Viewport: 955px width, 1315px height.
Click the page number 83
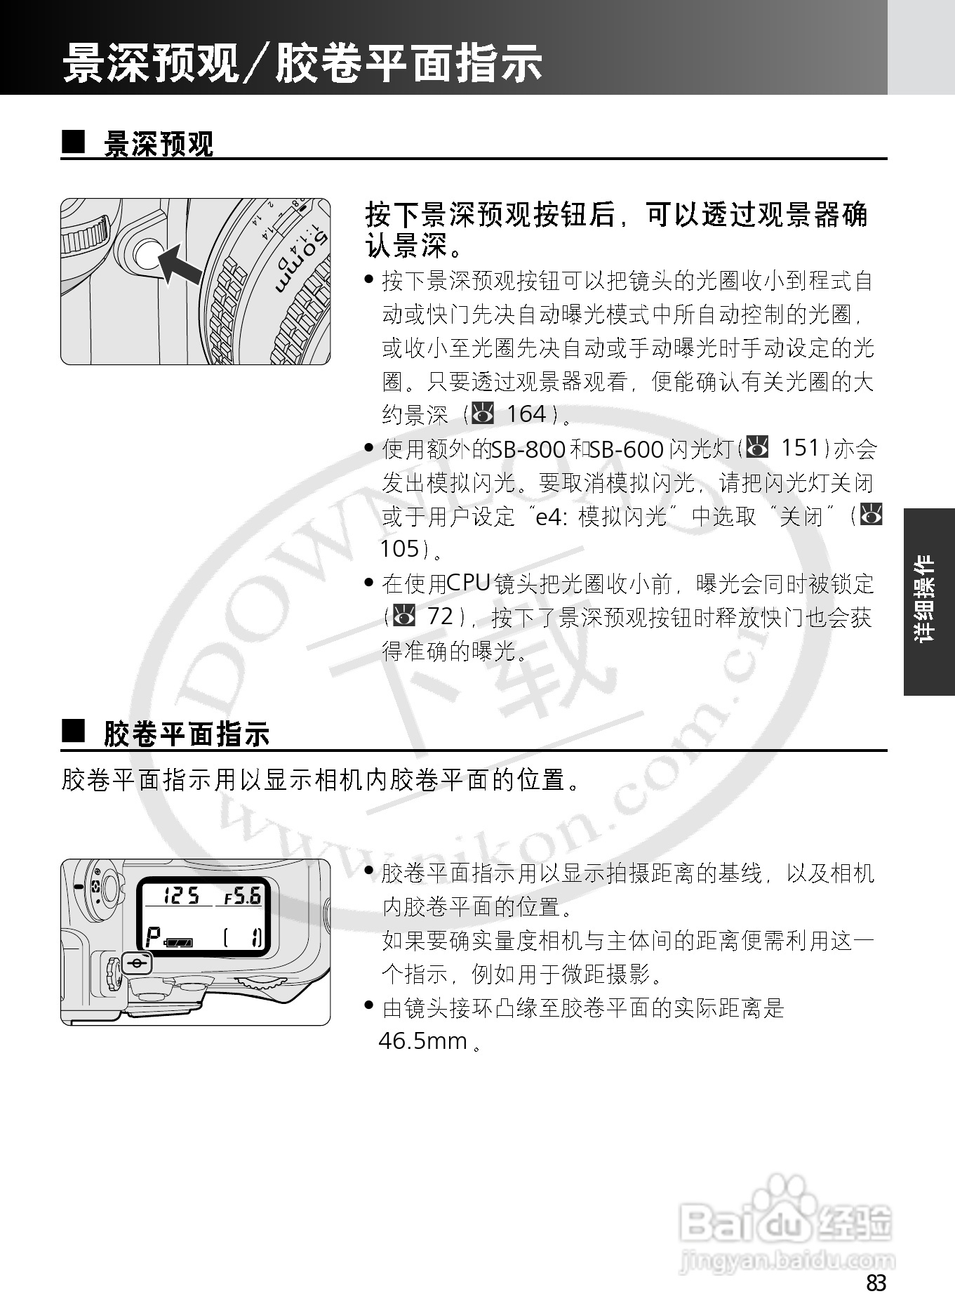(876, 1283)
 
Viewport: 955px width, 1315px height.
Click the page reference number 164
(526, 414)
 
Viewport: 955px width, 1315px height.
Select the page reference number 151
(801, 448)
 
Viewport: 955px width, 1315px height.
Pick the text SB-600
(627, 449)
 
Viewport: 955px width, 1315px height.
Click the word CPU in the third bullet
(467, 583)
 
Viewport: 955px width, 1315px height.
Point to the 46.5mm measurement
(423, 1040)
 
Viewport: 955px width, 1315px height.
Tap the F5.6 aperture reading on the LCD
(242, 897)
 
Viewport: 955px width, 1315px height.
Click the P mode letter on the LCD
(152, 938)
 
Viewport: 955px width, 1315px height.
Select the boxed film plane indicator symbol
(138, 965)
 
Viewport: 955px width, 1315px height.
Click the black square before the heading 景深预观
(72, 143)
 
